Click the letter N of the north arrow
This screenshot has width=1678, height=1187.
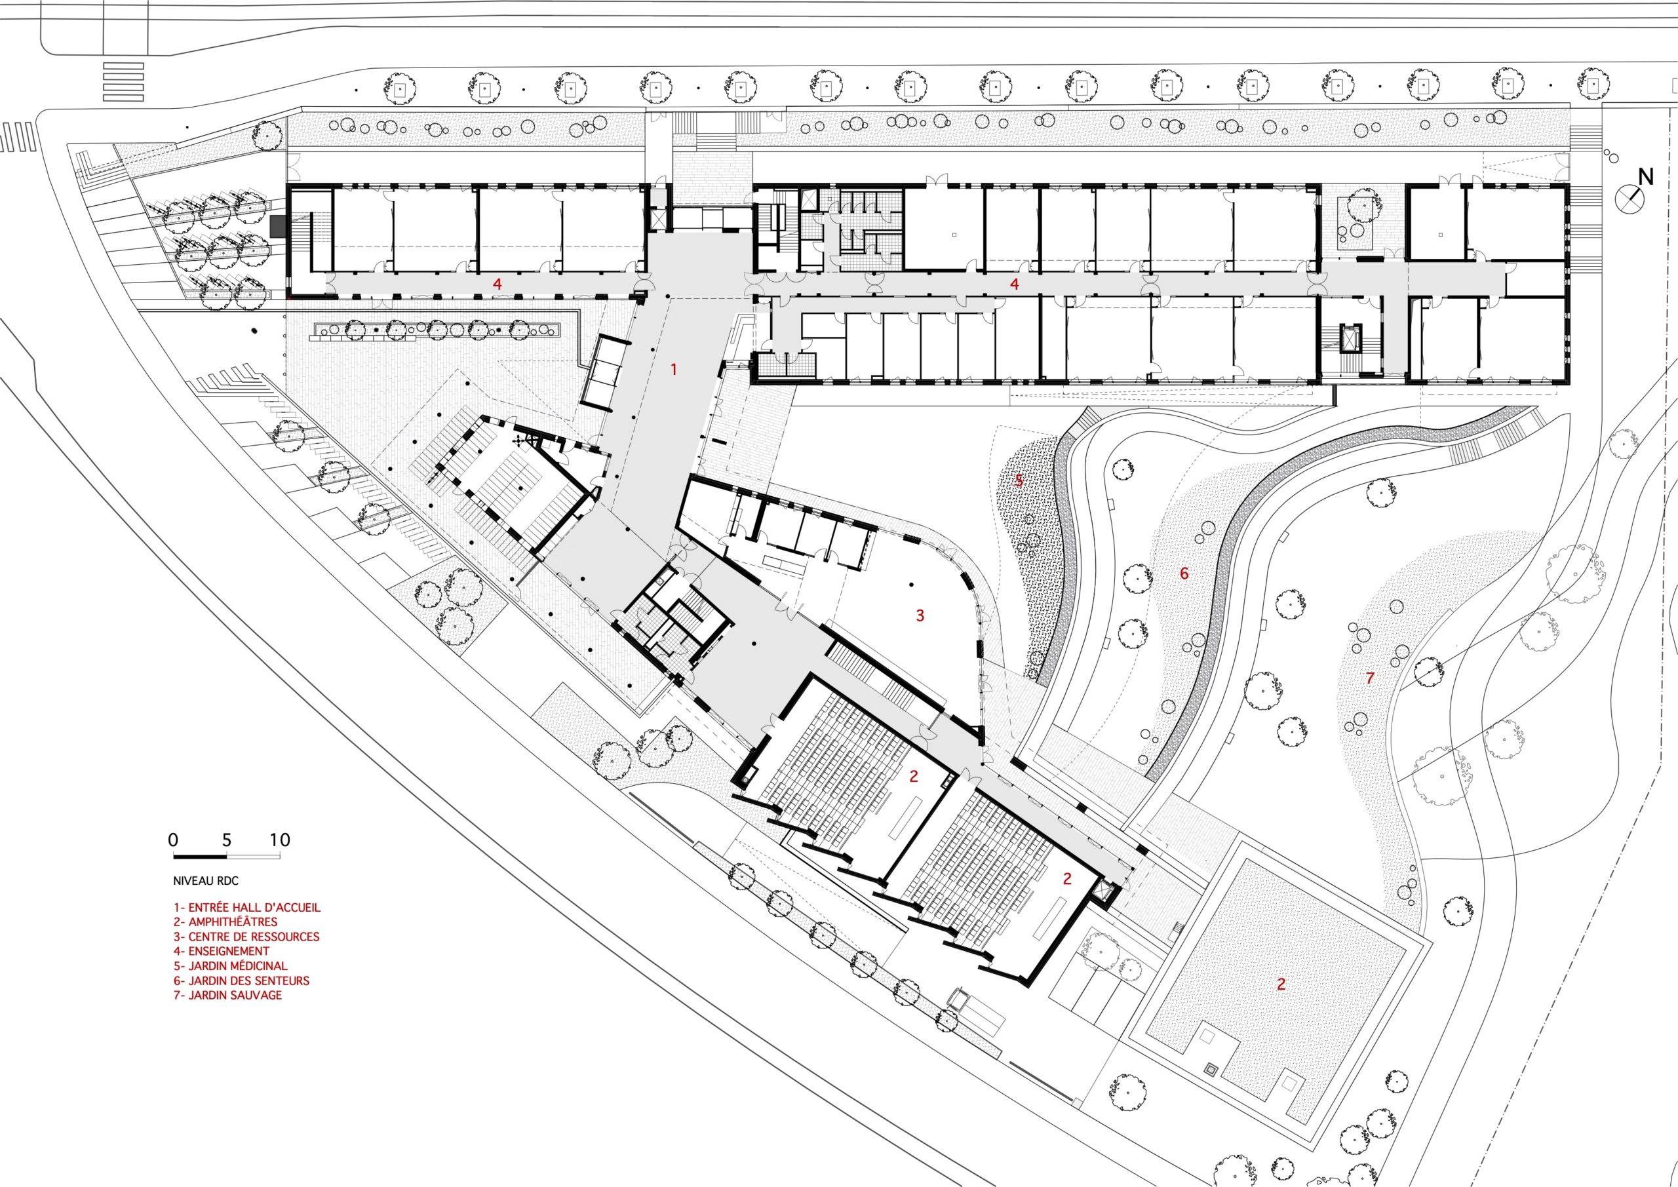[1640, 176]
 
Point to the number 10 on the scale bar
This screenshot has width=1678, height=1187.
[280, 840]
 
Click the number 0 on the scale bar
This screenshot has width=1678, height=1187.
[173, 840]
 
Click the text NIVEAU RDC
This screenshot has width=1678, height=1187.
[206, 882]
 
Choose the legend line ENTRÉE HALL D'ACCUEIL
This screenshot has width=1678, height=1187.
[247, 908]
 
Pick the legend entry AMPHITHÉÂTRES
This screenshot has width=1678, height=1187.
[226, 922]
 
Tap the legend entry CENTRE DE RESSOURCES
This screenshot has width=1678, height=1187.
[246, 937]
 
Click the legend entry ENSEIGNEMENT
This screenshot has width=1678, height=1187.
[222, 952]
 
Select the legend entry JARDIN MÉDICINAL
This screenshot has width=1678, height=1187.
[231, 966]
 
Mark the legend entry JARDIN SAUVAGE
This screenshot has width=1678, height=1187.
[228, 996]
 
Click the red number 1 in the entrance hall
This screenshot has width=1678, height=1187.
[674, 370]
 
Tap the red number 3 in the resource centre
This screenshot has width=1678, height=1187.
[920, 616]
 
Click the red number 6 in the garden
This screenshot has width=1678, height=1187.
[1184, 574]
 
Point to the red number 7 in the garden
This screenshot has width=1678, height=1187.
[1371, 678]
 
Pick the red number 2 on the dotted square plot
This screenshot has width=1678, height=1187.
[1281, 984]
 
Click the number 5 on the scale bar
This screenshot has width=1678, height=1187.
[227, 840]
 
